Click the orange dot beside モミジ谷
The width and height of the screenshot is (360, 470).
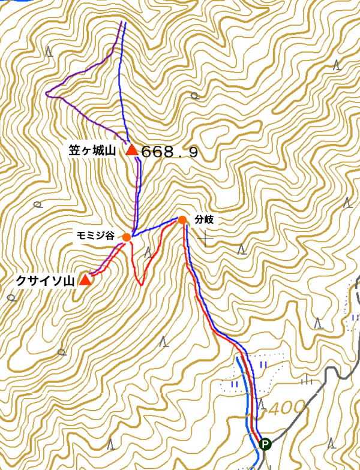click(x=127, y=237)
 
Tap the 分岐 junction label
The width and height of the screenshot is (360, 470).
click(x=205, y=220)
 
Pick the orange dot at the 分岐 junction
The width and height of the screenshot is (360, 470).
click(x=182, y=220)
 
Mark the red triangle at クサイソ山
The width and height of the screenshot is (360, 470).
click(x=86, y=280)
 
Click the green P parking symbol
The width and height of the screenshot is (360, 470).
click(x=265, y=444)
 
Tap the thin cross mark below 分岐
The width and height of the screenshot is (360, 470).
click(x=206, y=239)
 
